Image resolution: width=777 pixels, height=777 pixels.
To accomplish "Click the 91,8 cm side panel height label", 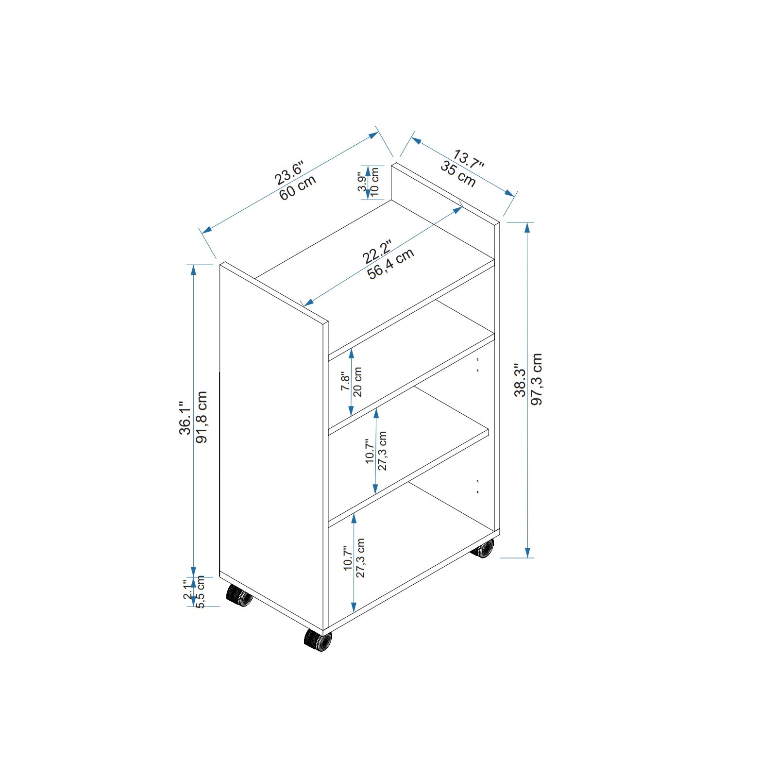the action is [x=202, y=417].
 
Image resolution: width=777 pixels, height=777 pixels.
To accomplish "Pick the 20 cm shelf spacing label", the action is [x=358, y=382].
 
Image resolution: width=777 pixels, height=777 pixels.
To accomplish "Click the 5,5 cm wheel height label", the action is [x=201, y=592].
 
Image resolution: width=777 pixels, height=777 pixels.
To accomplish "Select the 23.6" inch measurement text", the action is [x=289, y=173].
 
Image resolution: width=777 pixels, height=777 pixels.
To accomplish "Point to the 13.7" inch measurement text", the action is [x=469, y=160].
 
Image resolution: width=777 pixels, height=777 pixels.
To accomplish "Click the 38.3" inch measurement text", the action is [x=520, y=380].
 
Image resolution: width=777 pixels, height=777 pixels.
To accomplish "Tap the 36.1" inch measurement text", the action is [x=185, y=418].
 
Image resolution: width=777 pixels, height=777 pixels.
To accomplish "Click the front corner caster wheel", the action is [x=318, y=640].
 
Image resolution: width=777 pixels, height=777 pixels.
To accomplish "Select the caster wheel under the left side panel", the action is [x=240, y=595].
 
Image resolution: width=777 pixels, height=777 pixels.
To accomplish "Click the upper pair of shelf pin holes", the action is [x=478, y=365].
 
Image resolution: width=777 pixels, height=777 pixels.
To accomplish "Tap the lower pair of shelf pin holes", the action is [x=478, y=487].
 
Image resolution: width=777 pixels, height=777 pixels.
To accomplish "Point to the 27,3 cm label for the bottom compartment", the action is [x=360, y=558].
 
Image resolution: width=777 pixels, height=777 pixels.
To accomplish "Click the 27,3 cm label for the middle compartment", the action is [x=382, y=451].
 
